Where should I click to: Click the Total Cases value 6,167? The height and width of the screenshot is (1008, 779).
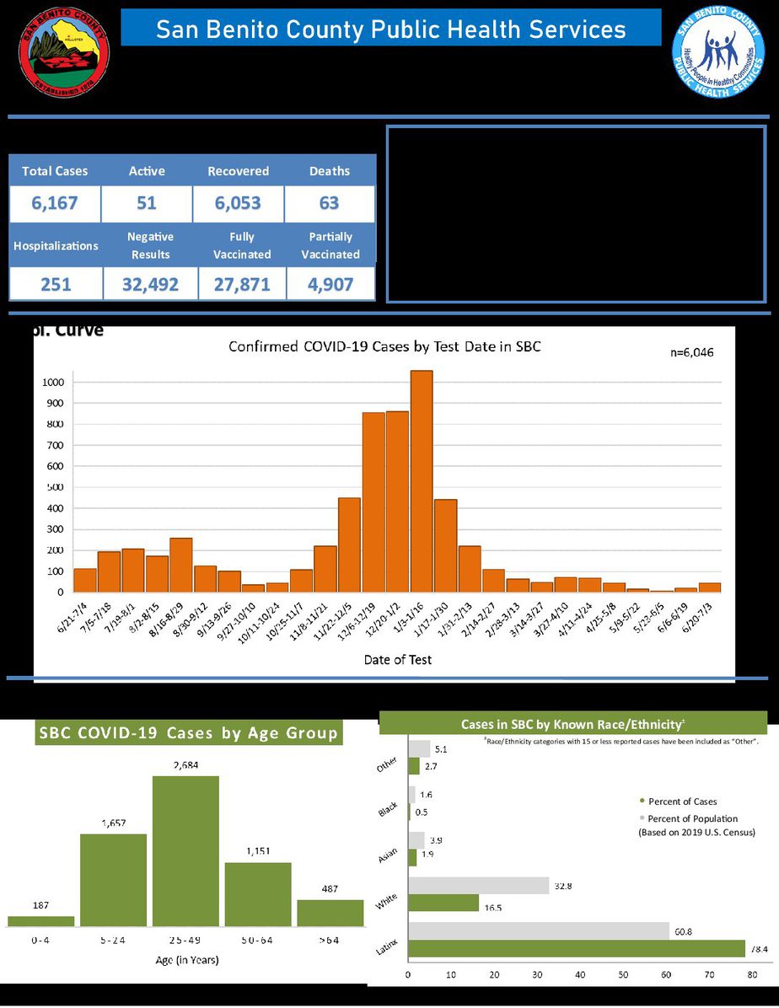click(x=55, y=203)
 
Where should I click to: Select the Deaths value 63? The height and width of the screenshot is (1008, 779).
click(x=329, y=203)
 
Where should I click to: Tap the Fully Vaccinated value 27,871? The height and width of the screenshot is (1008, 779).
click(x=242, y=285)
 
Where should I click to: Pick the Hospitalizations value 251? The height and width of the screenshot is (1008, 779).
click(x=55, y=285)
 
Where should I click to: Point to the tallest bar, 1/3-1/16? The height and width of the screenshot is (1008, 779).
click(x=422, y=481)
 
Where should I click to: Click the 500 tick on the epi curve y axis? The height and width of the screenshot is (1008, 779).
click(x=54, y=487)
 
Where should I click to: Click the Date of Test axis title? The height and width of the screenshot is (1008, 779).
click(x=397, y=660)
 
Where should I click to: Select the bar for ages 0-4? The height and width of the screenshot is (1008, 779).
click(x=41, y=920)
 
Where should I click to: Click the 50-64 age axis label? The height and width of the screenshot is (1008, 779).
click(x=258, y=940)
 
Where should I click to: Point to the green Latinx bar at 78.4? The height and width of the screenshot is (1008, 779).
click(x=577, y=948)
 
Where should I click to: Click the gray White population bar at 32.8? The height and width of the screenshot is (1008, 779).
click(x=478, y=886)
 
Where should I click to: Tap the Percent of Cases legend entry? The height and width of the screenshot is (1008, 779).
click(x=682, y=801)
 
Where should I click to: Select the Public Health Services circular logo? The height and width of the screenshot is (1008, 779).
click(x=718, y=53)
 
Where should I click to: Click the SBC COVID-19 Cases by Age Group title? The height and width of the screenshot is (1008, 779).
click(x=188, y=733)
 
